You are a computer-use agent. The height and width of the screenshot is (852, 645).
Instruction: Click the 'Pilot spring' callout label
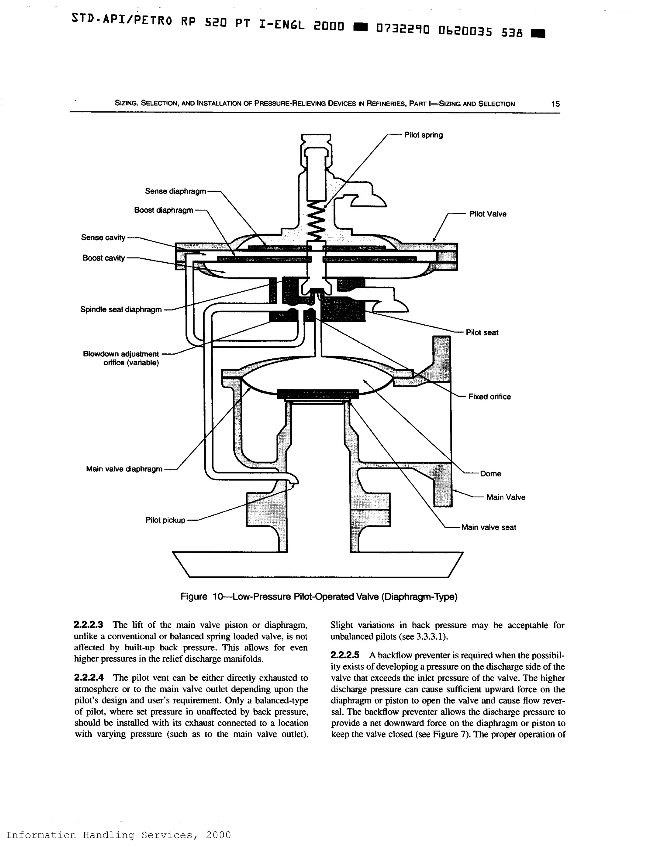point(423,135)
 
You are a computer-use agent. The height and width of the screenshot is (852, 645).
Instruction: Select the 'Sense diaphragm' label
point(175,191)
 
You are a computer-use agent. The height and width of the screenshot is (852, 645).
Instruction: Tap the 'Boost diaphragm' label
point(163,210)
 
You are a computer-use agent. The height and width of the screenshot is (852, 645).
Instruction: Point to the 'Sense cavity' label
point(103,238)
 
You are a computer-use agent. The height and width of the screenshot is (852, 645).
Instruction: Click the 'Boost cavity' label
point(103,258)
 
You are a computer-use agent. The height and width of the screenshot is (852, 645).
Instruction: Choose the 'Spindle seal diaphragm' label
point(121,310)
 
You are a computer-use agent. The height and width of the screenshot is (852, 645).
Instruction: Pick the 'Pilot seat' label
point(482,333)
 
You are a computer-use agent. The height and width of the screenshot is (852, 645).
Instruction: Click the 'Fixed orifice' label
point(489,397)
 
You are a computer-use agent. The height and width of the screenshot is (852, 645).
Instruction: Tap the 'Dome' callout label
point(490,474)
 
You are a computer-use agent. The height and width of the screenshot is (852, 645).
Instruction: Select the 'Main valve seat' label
point(488,527)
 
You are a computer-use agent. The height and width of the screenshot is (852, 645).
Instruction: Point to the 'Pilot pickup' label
point(165,520)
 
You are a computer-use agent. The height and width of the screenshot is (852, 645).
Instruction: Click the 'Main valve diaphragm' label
point(124,469)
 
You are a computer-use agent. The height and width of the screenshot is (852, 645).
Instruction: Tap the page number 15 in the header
point(555,104)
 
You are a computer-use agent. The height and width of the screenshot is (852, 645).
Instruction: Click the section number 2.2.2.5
point(345,655)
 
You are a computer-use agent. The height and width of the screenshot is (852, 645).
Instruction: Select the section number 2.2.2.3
point(88,625)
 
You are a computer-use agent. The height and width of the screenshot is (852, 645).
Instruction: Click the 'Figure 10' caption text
point(318,597)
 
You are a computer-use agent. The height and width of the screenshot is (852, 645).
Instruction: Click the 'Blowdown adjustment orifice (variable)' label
point(121,358)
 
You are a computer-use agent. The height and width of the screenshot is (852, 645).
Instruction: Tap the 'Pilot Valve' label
point(487,214)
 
